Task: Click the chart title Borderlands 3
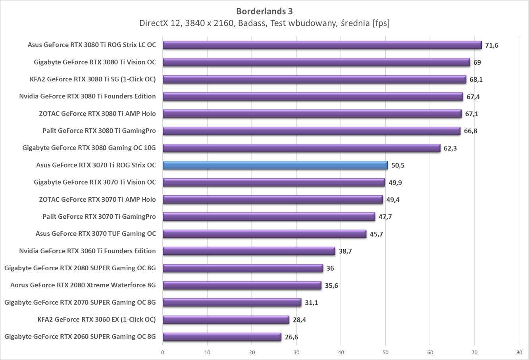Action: pyautogui.click(x=264, y=11)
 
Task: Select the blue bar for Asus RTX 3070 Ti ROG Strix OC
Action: pyautogui.click(x=275, y=165)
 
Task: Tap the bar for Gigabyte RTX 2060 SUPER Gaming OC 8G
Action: pyautogui.click(x=222, y=337)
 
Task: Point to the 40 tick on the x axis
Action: pyautogui.click(x=341, y=352)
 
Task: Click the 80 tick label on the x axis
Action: pyautogui.click(x=519, y=352)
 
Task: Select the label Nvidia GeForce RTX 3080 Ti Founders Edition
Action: pyautogui.click(x=87, y=96)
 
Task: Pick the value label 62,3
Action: pyautogui.click(x=450, y=148)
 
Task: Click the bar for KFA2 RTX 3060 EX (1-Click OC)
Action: pyautogui.click(x=226, y=320)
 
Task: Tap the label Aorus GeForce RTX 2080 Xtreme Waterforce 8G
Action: pyautogui.click(x=83, y=285)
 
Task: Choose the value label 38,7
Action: pyautogui.click(x=345, y=251)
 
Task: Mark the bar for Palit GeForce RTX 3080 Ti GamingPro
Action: pyautogui.click(x=311, y=131)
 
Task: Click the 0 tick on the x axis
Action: pyautogui.click(x=163, y=352)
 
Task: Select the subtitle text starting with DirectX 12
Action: pyautogui.click(x=264, y=23)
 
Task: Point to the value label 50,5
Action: pyautogui.click(x=398, y=166)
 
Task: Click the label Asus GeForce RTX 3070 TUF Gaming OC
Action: pyautogui.click(x=96, y=234)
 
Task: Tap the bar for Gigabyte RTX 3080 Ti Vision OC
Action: pyautogui.click(x=316, y=62)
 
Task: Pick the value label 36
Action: pyautogui.click(x=330, y=268)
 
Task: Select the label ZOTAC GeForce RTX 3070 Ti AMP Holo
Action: pyautogui.click(x=97, y=200)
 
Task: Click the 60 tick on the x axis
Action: pyautogui.click(x=430, y=352)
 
